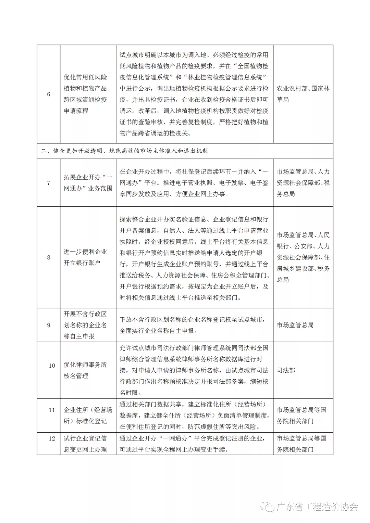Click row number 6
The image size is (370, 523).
tap(49, 94)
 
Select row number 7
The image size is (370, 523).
tap(49, 183)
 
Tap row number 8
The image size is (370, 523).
tap(49, 257)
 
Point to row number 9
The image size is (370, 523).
tap(49, 325)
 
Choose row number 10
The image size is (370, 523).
tap(52, 366)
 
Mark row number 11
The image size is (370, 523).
tap(52, 410)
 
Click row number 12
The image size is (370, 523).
tap(52, 438)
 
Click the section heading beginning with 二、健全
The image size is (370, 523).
tap(124, 151)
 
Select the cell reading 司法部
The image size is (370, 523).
tap(286, 370)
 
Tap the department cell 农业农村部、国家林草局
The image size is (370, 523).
tap(303, 94)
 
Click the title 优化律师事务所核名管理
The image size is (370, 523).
tap(85, 370)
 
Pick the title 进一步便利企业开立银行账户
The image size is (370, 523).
tap(85, 257)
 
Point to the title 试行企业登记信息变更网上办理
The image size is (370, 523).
tap(85, 444)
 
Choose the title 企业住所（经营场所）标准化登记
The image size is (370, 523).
tap(88, 416)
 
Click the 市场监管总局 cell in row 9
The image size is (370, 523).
tap(295, 325)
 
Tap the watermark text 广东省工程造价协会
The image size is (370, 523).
tap(317, 507)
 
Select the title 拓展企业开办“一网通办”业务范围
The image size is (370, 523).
tap(88, 183)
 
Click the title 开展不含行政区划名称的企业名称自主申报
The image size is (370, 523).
tap(85, 325)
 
